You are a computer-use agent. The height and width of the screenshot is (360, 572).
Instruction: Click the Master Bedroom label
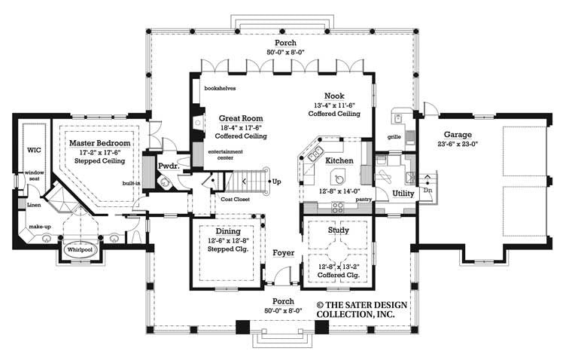100,142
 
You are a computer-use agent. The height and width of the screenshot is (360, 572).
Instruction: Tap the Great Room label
240,118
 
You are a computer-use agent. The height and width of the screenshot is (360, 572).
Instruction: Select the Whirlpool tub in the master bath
78,248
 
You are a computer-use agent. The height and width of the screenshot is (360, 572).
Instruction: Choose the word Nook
334,96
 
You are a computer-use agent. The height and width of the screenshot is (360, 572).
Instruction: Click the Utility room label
403,194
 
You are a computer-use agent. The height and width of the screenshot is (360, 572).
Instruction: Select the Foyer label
283,253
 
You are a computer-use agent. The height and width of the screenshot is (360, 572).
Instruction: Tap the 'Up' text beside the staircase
276,182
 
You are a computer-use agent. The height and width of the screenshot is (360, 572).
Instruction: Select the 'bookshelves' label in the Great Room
219,87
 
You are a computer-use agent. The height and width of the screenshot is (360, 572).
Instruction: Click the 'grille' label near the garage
393,137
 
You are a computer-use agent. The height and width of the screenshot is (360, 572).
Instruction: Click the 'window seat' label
35,175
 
